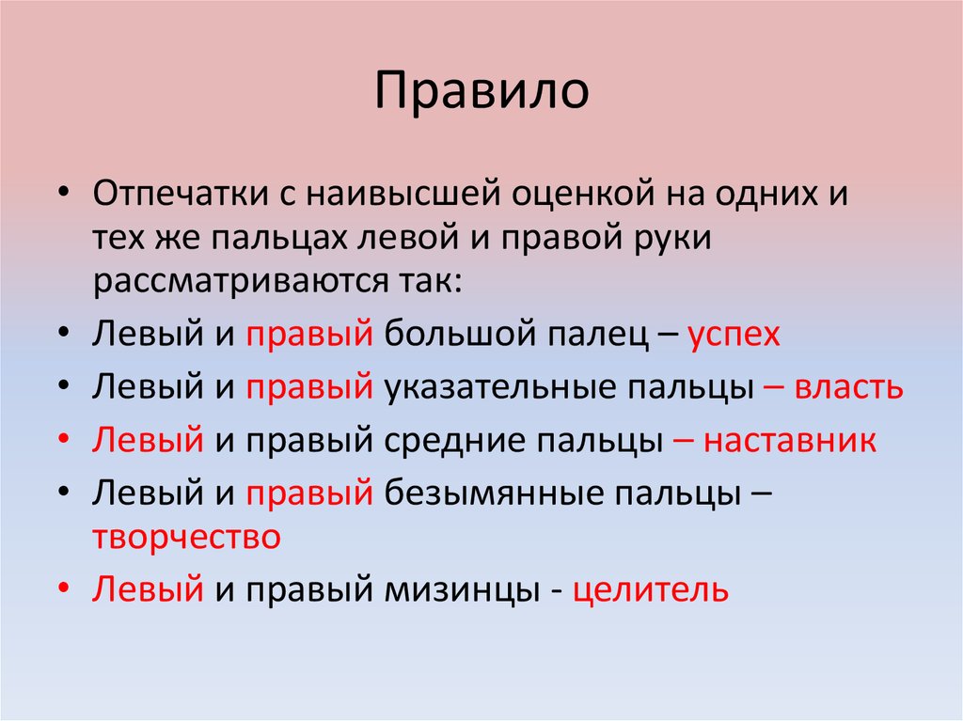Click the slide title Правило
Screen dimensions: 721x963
pyautogui.click(x=481, y=92)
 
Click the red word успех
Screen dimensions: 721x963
pyautogui.click(x=734, y=336)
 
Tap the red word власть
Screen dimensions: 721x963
pyautogui.click(x=848, y=388)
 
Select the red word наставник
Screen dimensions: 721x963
pyautogui.click(x=789, y=441)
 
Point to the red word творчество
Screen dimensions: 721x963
pyautogui.click(x=186, y=537)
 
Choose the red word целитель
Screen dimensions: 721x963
pyautogui.click(x=650, y=589)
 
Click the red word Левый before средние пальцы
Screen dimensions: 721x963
pyautogui.click(x=148, y=441)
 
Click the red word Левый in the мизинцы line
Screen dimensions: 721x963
pyautogui.click(x=148, y=589)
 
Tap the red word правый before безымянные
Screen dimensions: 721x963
pyautogui.click(x=309, y=494)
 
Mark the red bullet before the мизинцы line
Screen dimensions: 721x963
pyautogui.click(x=63, y=590)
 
